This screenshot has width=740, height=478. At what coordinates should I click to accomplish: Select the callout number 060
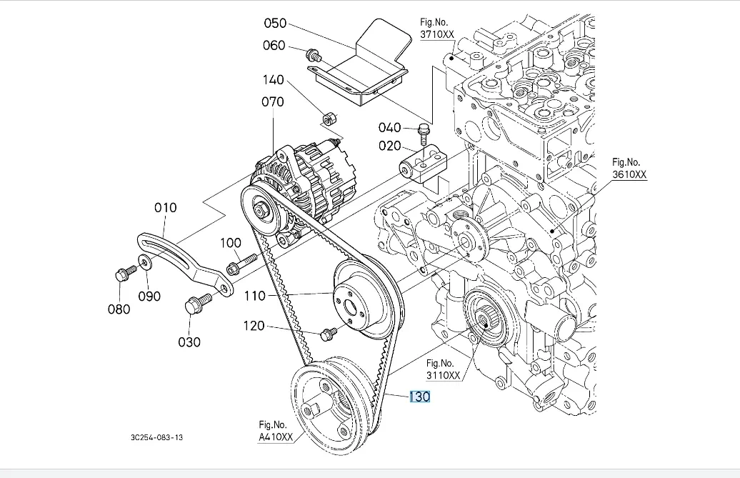click(274, 46)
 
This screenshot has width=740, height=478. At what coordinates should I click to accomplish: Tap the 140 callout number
click(273, 81)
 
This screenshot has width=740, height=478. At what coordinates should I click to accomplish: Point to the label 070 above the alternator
click(273, 102)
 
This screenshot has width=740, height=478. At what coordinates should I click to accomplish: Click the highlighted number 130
click(419, 397)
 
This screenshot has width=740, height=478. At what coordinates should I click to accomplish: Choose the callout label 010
click(165, 208)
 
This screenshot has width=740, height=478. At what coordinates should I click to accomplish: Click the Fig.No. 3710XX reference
click(437, 29)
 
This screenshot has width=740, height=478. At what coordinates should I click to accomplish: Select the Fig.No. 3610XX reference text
click(629, 169)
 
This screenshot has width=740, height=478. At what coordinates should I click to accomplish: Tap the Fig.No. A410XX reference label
click(276, 432)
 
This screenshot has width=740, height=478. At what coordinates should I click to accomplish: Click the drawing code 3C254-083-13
click(157, 437)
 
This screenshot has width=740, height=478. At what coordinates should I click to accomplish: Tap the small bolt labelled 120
click(329, 332)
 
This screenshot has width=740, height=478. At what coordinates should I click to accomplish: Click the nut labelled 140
click(330, 116)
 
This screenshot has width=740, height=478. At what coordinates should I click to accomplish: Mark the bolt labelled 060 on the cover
click(313, 54)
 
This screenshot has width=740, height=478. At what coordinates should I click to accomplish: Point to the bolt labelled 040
click(424, 131)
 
